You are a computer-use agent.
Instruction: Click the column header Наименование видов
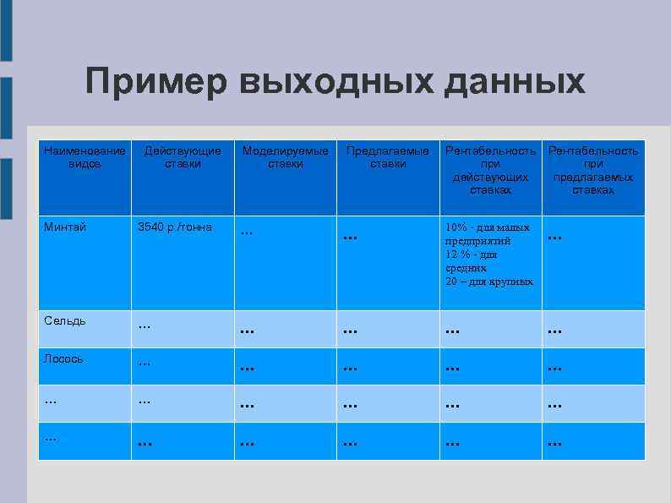pos(85,157)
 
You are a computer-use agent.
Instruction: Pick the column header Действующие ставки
pos(183,157)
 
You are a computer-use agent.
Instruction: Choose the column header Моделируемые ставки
pos(286,157)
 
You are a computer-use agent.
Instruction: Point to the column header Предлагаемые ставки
pos(388,157)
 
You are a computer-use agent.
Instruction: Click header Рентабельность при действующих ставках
pos(490,170)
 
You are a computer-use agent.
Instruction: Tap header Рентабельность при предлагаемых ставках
pos(593,170)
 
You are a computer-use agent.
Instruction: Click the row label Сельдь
pos(65,320)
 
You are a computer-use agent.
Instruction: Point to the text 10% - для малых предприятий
pos(488,233)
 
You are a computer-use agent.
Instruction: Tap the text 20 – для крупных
pos(489,281)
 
